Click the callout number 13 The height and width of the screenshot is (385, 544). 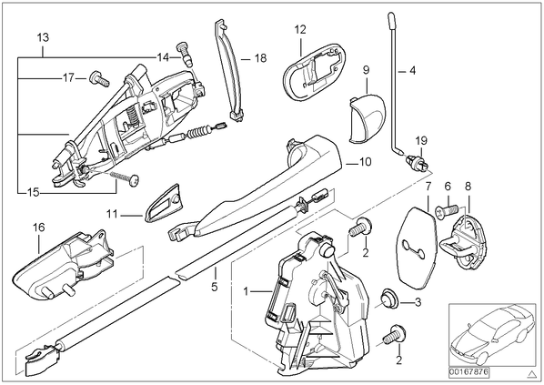[43, 37]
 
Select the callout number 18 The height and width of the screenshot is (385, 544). [260, 58]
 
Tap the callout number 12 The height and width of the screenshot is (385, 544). [300, 30]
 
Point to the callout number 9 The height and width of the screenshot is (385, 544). [367, 70]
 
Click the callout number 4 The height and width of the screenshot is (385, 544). [412, 71]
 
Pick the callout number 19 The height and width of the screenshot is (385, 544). [421, 141]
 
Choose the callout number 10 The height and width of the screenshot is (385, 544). [366, 162]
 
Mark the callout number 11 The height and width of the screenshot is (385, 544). [112, 214]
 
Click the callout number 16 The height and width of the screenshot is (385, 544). [39, 228]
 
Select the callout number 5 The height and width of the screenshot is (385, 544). [215, 287]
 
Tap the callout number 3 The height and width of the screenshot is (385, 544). [418, 302]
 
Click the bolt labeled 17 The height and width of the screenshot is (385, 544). [100, 79]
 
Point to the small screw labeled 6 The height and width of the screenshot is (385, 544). [446, 209]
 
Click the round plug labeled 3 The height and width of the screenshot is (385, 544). [389, 299]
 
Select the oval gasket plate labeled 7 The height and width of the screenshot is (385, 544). [416, 248]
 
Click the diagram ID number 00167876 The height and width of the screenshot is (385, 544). [469, 372]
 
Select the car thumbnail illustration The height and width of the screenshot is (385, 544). [492, 335]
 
